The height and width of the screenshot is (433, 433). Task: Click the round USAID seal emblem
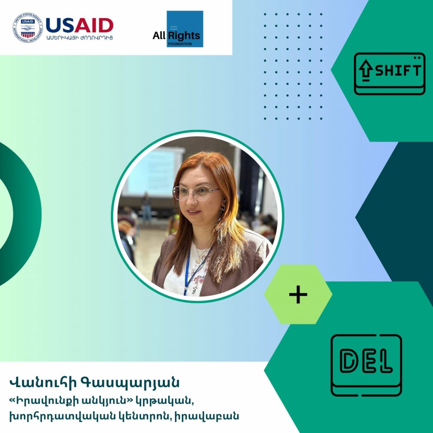(28, 28)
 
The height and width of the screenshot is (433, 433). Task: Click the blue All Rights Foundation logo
(185, 29)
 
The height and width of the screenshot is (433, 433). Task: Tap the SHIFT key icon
(389, 74)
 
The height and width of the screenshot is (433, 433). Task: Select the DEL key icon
(366, 365)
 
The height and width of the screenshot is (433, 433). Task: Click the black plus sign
(298, 294)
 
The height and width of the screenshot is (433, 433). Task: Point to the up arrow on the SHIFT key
(366, 71)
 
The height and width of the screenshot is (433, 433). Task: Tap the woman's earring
(222, 208)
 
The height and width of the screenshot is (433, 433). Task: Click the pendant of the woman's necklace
(198, 260)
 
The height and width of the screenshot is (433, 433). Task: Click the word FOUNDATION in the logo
(180, 44)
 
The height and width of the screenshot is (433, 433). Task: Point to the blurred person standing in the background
(146, 207)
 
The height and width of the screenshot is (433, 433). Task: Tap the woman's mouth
(194, 212)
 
